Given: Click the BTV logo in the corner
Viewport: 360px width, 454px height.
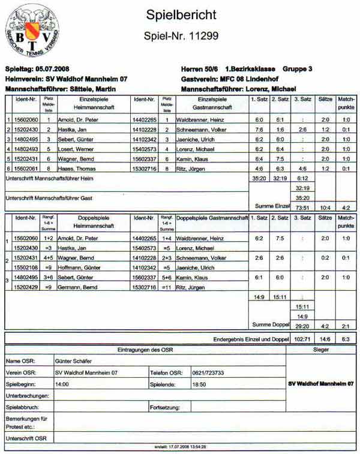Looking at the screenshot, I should pyautogui.click(x=32, y=30).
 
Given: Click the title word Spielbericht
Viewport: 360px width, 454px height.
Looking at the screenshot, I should pyautogui.click(x=181, y=15).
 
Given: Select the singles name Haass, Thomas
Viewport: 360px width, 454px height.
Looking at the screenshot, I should pyautogui.click(x=74, y=169).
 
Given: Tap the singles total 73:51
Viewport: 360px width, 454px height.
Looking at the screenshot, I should pyautogui.click(x=302, y=208).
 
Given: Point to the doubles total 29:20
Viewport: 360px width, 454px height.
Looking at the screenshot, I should pyautogui.click(x=302, y=325).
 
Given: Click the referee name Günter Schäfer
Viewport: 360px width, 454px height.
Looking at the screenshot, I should pyautogui.click(x=74, y=362).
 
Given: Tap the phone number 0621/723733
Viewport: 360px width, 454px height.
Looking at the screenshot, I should pyautogui.click(x=209, y=372).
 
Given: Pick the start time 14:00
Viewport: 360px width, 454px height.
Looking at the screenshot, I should pyautogui.click(x=62, y=384).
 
